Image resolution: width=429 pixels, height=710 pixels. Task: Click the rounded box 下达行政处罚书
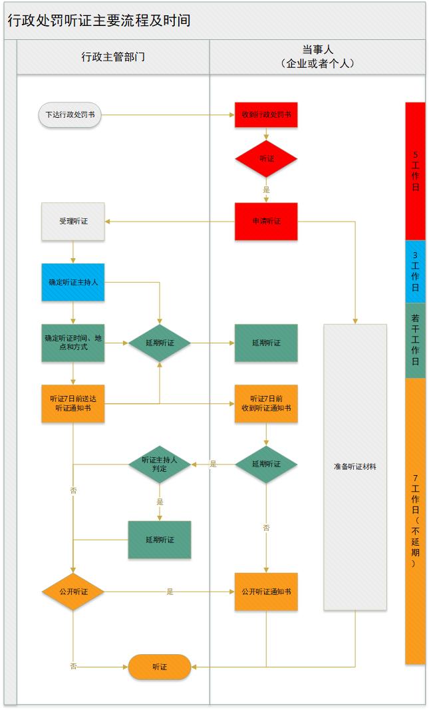click(70, 114)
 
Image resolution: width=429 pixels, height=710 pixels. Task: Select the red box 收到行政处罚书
click(266, 114)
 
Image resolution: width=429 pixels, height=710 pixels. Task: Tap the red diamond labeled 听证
click(266, 159)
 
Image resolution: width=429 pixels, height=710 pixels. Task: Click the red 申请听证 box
click(266, 221)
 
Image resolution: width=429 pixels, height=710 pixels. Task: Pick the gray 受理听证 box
click(73, 221)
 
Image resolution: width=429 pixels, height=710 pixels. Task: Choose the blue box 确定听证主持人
click(73, 282)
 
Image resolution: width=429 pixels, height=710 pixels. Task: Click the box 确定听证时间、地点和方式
click(73, 343)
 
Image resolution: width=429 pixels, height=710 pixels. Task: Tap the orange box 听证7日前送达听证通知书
click(73, 403)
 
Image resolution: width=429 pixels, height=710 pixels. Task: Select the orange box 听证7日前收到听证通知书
click(266, 403)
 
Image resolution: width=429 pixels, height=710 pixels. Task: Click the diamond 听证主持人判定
click(160, 464)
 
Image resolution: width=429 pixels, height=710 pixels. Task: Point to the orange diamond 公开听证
click(73, 592)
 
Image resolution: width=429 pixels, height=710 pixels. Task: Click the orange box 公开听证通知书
click(266, 592)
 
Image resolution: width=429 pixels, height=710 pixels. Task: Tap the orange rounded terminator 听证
click(160, 667)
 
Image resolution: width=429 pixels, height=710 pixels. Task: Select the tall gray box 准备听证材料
click(355, 467)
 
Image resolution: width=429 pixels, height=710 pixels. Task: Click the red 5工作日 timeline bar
click(415, 171)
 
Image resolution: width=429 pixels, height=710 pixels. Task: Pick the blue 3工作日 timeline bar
click(415, 271)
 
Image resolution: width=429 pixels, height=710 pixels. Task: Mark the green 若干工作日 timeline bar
click(415, 341)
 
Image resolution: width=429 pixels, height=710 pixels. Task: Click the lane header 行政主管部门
click(113, 57)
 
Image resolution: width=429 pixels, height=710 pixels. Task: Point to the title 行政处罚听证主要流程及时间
click(100, 21)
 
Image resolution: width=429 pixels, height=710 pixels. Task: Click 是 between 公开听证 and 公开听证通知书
click(170, 592)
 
